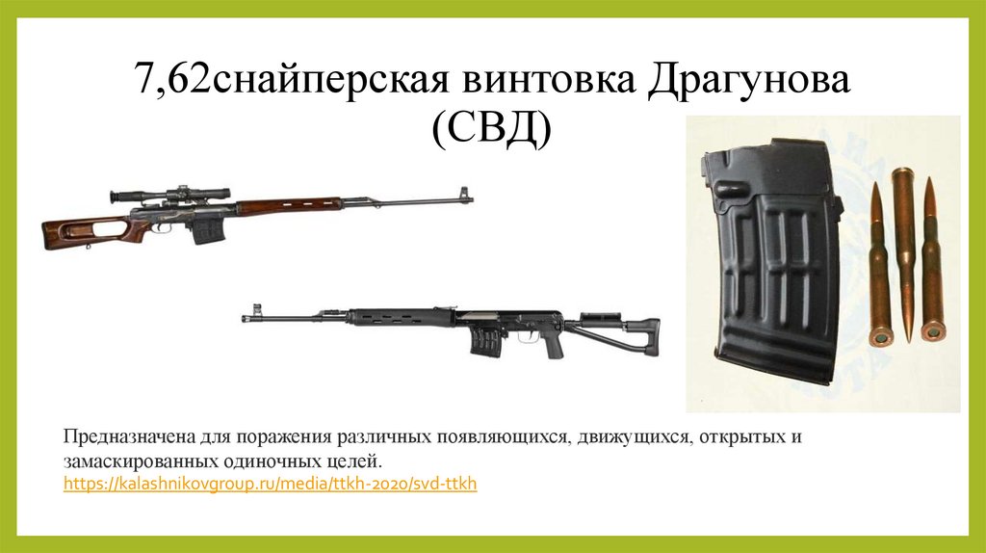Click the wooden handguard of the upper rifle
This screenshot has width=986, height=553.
coord(289,205)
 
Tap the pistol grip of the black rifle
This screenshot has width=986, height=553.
coord(552,344)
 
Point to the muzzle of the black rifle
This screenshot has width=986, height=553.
coord(248,317)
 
